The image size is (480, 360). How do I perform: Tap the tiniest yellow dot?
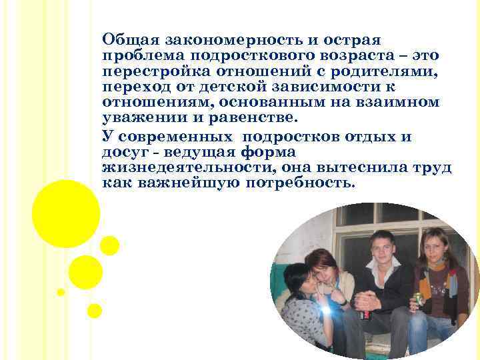point(61,292)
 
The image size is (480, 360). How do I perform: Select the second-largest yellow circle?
point(85,272)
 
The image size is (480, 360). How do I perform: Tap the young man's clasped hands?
point(366,303)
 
